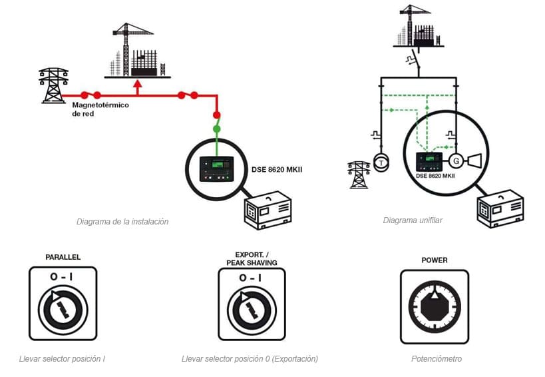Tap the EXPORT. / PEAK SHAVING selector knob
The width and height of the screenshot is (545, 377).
pyautogui.click(x=251, y=307)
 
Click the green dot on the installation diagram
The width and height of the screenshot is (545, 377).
pyautogui.click(x=216, y=128)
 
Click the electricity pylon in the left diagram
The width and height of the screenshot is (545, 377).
pyautogui.click(x=53, y=85)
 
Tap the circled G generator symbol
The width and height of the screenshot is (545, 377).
pyautogui.click(x=456, y=161)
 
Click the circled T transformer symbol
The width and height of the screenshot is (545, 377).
pyautogui.click(x=380, y=163)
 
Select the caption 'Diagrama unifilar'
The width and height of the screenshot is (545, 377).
pyautogui.click(x=413, y=220)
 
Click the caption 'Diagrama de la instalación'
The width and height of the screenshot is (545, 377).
pyautogui.click(x=122, y=222)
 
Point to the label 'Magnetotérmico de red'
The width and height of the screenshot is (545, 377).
pyautogui.click(x=100, y=109)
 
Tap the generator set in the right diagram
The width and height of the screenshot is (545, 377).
pyautogui.click(x=499, y=208)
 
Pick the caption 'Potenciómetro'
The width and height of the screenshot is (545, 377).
pyautogui.click(x=436, y=359)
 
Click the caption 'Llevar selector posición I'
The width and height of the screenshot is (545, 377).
pyautogui.click(x=62, y=359)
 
